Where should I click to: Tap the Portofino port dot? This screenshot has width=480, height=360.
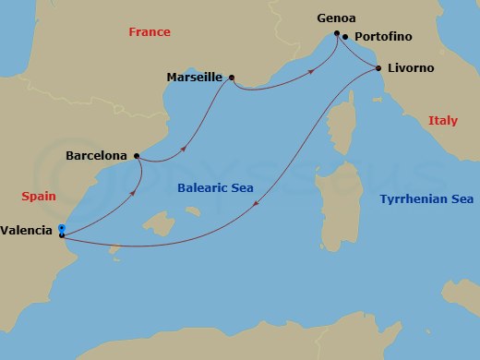coord(344,38)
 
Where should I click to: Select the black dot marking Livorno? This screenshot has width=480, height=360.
coord(378,68)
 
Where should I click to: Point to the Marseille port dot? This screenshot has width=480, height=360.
coord(231,78)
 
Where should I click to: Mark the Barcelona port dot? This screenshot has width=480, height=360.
coord(137,156)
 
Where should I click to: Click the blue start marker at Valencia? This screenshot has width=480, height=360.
coord(61,228)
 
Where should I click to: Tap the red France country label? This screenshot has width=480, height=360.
coord(149,32)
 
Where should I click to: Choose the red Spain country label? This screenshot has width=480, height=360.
coord(40,196)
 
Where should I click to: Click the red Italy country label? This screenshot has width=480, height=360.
coord(443,121)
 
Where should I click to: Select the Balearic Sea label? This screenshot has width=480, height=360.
coord(215,189)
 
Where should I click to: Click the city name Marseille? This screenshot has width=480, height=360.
coord(194,78)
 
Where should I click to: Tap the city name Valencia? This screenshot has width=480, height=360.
coord(27,232)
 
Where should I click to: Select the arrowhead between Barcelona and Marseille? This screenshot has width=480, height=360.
coord(186,146)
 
